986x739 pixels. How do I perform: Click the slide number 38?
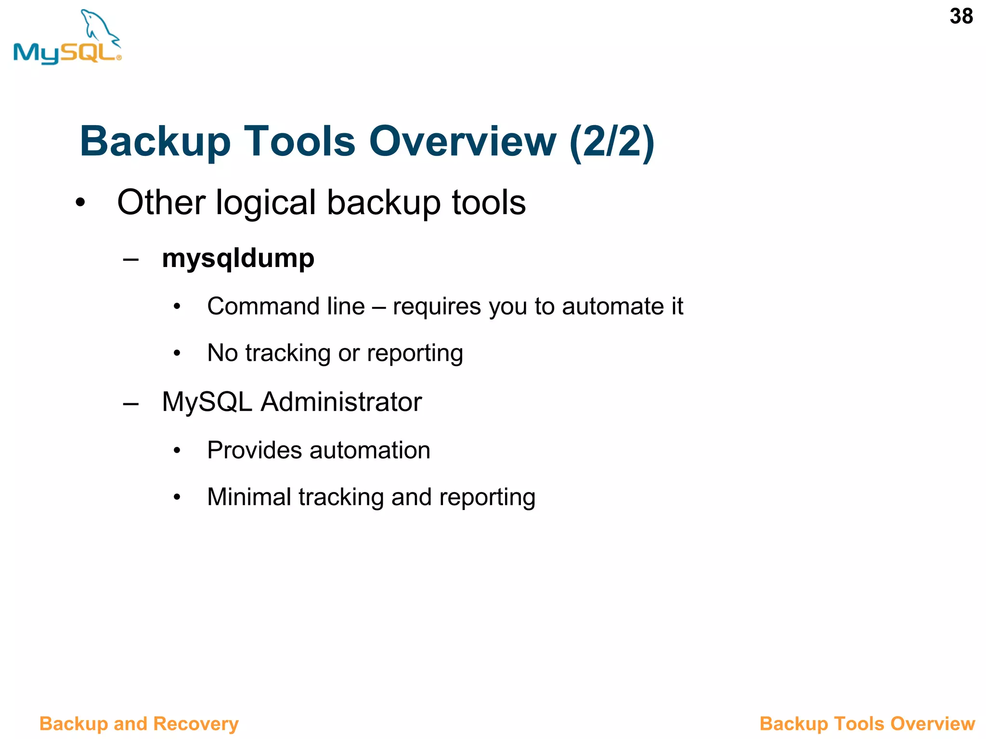click(961, 16)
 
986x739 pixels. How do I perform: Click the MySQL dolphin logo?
click(67, 38)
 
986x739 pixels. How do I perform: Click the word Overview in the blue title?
click(462, 141)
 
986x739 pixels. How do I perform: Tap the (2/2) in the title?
click(611, 141)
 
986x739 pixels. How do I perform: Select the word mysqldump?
click(238, 258)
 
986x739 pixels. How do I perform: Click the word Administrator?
click(341, 402)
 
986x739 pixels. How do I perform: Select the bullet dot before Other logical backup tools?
click(80, 203)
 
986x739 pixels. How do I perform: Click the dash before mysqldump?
click(131, 259)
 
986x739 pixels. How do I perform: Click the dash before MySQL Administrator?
click(131, 403)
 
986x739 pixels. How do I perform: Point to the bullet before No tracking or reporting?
click(177, 354)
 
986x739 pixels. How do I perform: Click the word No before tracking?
click(222, 353)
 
